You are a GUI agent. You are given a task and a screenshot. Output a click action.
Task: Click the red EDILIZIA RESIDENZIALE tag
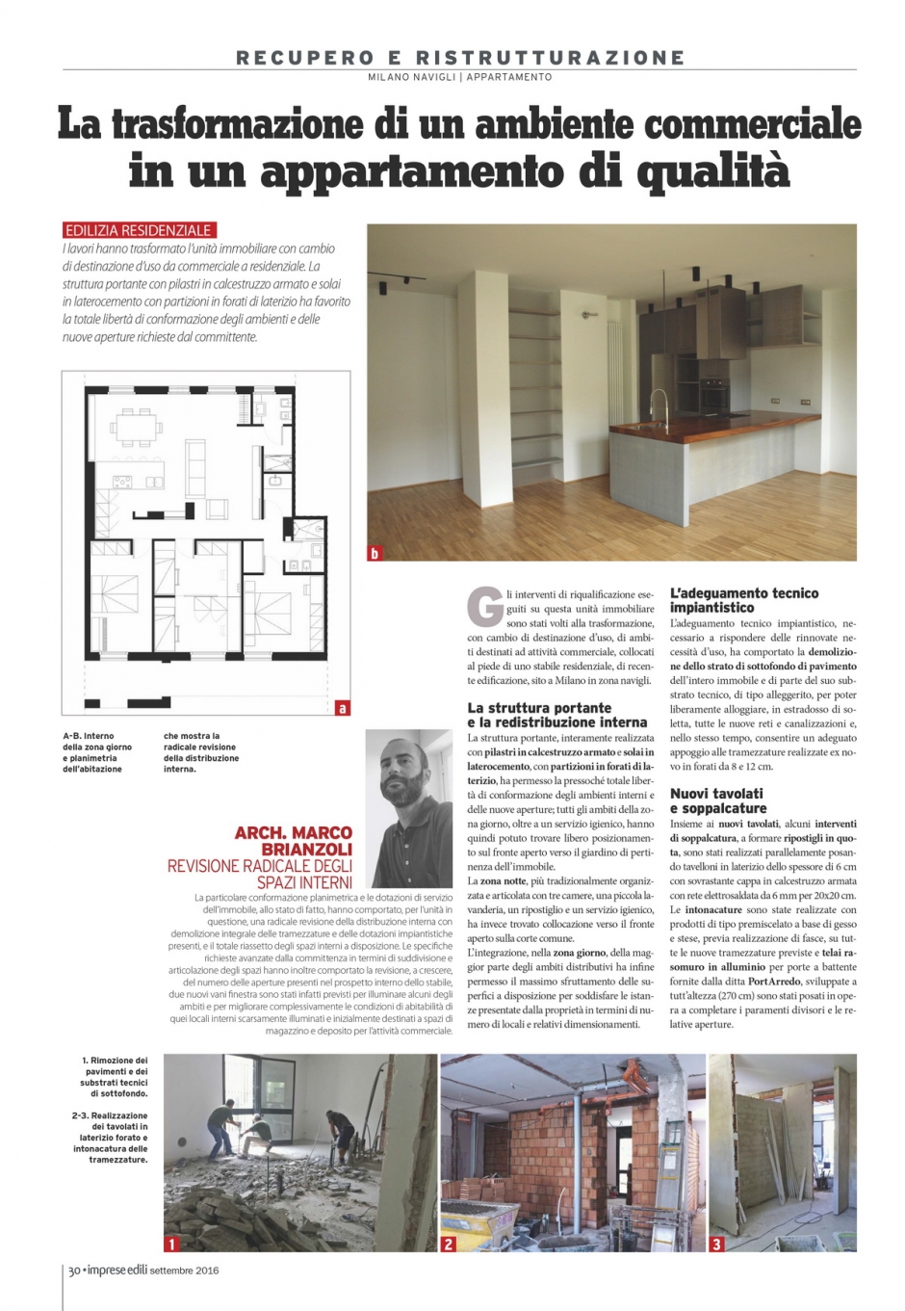tap(138, 230)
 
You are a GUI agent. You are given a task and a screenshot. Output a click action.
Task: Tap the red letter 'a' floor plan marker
tap(343, 708)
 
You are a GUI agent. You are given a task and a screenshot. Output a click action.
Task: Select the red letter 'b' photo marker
tap(375, 553)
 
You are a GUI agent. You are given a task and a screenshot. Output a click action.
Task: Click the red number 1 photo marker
tap(172, 1244)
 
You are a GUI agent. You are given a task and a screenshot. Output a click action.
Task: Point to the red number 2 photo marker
tap(448, 1244)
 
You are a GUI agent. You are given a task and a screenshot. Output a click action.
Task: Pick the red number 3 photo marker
tap(716, 1244)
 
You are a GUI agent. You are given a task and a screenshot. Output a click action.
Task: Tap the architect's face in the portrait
tap(404, 771)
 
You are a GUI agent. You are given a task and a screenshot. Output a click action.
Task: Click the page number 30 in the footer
tap(73, 1270)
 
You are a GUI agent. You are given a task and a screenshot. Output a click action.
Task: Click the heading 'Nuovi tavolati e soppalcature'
tap(718, 800)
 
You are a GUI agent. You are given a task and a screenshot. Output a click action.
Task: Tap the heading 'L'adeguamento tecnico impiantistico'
tap(744, 600)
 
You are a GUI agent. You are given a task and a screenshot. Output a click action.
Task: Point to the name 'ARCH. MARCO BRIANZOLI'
tap(293, 840)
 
